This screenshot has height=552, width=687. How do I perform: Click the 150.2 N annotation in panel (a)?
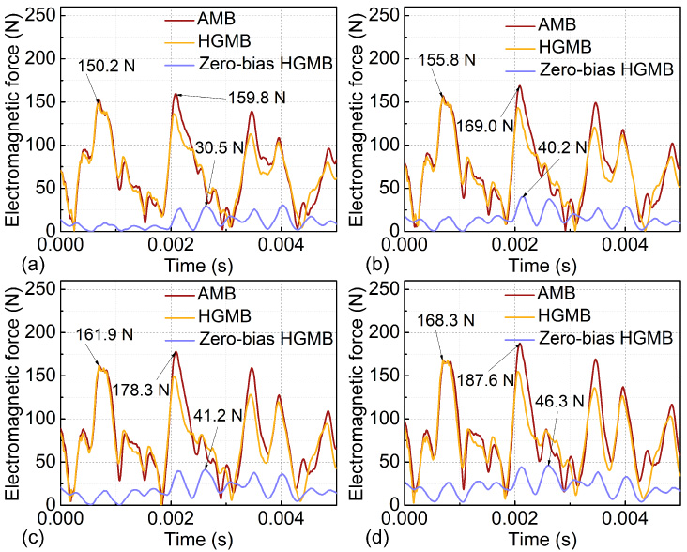(106, 66)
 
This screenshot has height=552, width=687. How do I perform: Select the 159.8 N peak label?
(257, 98)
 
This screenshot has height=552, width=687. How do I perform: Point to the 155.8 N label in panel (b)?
(447, 59)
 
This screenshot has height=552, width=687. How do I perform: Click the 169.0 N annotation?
(484, 126)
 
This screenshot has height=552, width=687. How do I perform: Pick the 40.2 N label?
(562, 147)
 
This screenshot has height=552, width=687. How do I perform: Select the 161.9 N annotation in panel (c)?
(104, 335)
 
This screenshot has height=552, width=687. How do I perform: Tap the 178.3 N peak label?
(141, 390)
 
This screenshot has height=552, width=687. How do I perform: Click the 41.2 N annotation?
(218, 415)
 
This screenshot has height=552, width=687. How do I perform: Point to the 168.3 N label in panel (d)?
(446, 320)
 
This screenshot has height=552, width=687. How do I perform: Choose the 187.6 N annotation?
(485, 380)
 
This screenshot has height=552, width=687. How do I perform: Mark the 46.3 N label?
(560, 401)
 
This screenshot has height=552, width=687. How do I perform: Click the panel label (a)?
(33, 266)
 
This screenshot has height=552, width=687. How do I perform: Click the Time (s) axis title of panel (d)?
(542, 539)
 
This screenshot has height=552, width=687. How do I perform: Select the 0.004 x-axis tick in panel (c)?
(281, 518)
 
